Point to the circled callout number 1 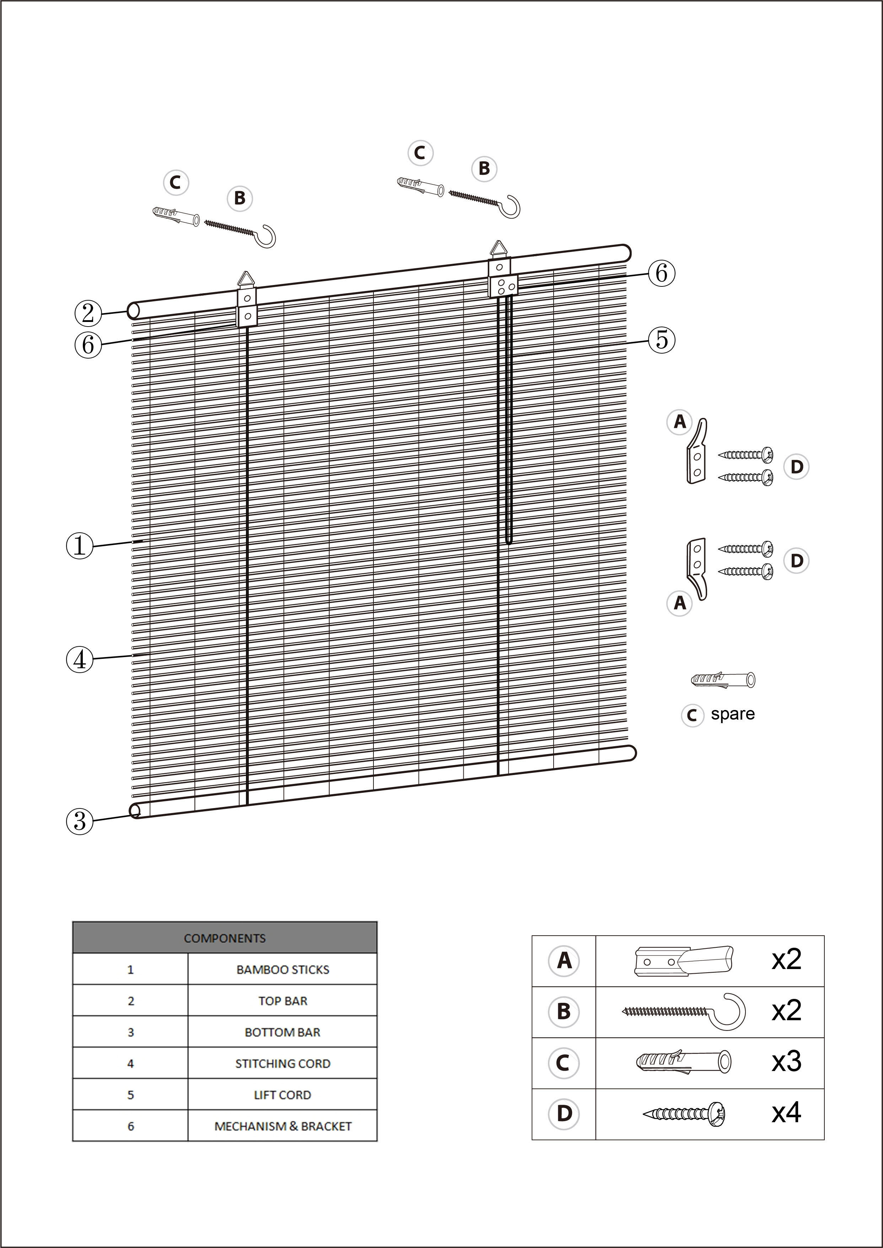click(x=79, y=545)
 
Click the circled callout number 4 click(x=79, y=660)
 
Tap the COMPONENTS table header click(x=225, y=938)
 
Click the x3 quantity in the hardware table click(x=786, y=1061)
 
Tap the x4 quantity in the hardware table click(x=786, y=1113)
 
